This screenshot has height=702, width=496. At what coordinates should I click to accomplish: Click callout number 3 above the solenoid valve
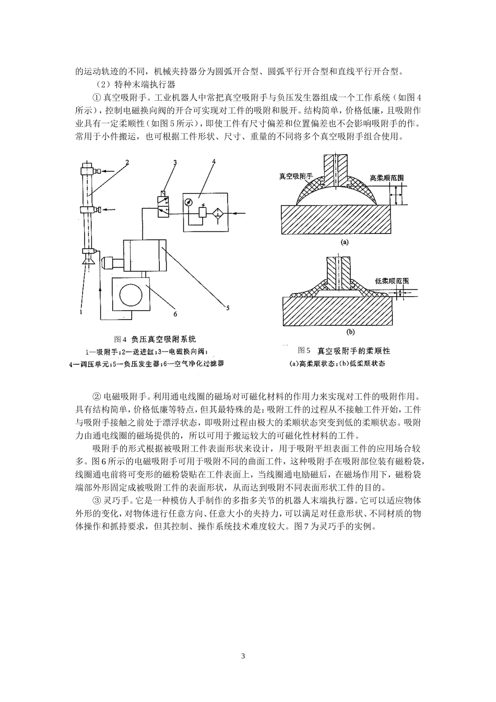click(175, 163)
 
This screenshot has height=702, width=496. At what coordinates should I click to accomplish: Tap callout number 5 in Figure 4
click(227, 308)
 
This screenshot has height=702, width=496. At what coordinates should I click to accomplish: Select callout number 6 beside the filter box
click(175, 314)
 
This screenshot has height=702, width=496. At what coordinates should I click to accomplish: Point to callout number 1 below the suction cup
click(81, 312)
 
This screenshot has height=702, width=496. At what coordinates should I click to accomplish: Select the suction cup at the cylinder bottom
click(87, 254)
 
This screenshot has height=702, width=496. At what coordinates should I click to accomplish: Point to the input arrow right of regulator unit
click(240, 213)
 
